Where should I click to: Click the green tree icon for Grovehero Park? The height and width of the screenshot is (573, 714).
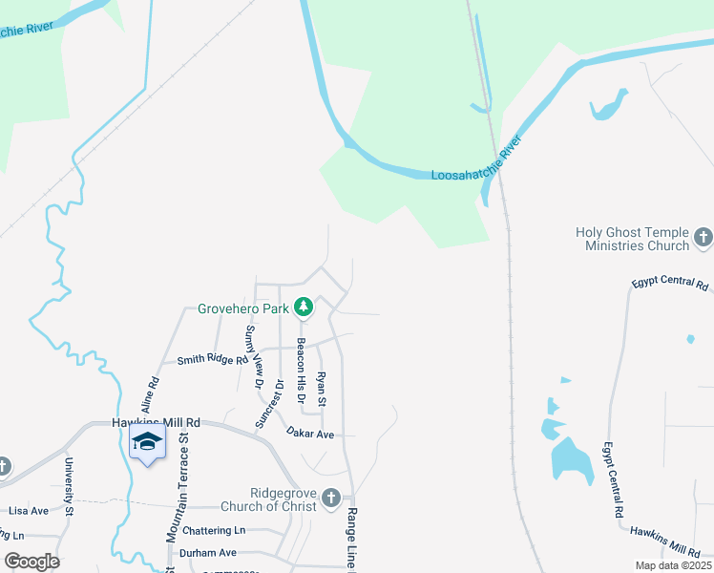pos(304,308)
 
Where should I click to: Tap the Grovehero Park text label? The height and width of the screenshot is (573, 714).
pos(242,308)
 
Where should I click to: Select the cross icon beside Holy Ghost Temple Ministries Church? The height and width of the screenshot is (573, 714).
pos(703,237)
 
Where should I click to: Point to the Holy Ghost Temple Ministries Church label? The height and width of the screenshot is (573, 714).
pos(632,239)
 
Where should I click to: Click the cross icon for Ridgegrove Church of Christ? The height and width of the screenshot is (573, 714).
pos(330,497)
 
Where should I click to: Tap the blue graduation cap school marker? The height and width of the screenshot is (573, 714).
pos(147,442)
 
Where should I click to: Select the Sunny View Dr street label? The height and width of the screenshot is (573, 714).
pos(252,355)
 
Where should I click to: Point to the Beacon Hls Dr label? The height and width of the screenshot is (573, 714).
pos(300,371)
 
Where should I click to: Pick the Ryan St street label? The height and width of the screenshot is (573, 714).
pos(322,388)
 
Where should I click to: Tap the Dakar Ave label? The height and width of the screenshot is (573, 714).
pos(310,434)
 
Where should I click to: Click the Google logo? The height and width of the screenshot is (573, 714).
pos(31,562)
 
